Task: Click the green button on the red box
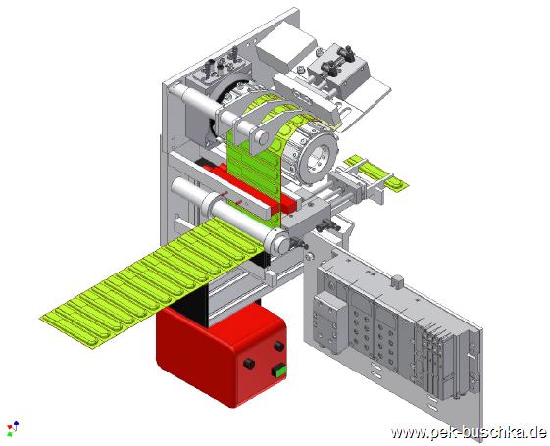point(279,372)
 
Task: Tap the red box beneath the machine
point(222,354)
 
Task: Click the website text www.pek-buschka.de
point(469,432)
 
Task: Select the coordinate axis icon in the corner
point(13,428)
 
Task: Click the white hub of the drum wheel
point(319,157)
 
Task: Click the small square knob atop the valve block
point(397,281)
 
